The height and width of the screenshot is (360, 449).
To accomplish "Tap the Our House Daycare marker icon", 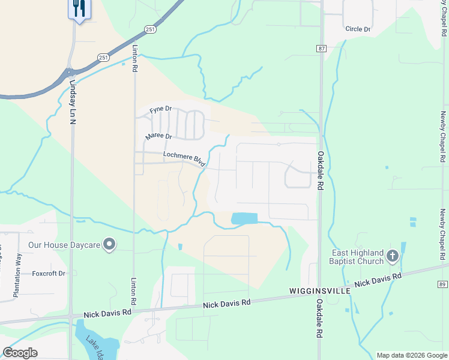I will [109, 244].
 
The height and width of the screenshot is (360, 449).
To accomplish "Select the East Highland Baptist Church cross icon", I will [392, 257].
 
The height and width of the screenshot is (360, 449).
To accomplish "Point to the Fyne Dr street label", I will [161, 109].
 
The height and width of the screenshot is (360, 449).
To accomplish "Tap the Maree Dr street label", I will [158, 137].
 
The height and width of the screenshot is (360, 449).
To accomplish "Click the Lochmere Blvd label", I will [185, 159].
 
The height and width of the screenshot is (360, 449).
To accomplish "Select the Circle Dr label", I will [358, 29].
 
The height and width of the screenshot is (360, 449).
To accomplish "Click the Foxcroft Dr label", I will [49, 273].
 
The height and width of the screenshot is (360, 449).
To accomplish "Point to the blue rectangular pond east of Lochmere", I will [244, 219].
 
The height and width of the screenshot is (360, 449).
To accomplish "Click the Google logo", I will [20, 353].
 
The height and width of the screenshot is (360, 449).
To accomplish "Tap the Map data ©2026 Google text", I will [411, 355].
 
